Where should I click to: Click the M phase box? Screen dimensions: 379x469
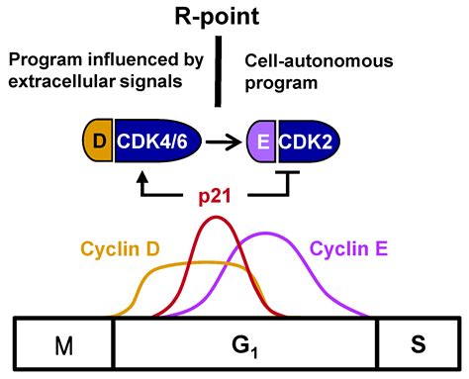click(x=63, y=347)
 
